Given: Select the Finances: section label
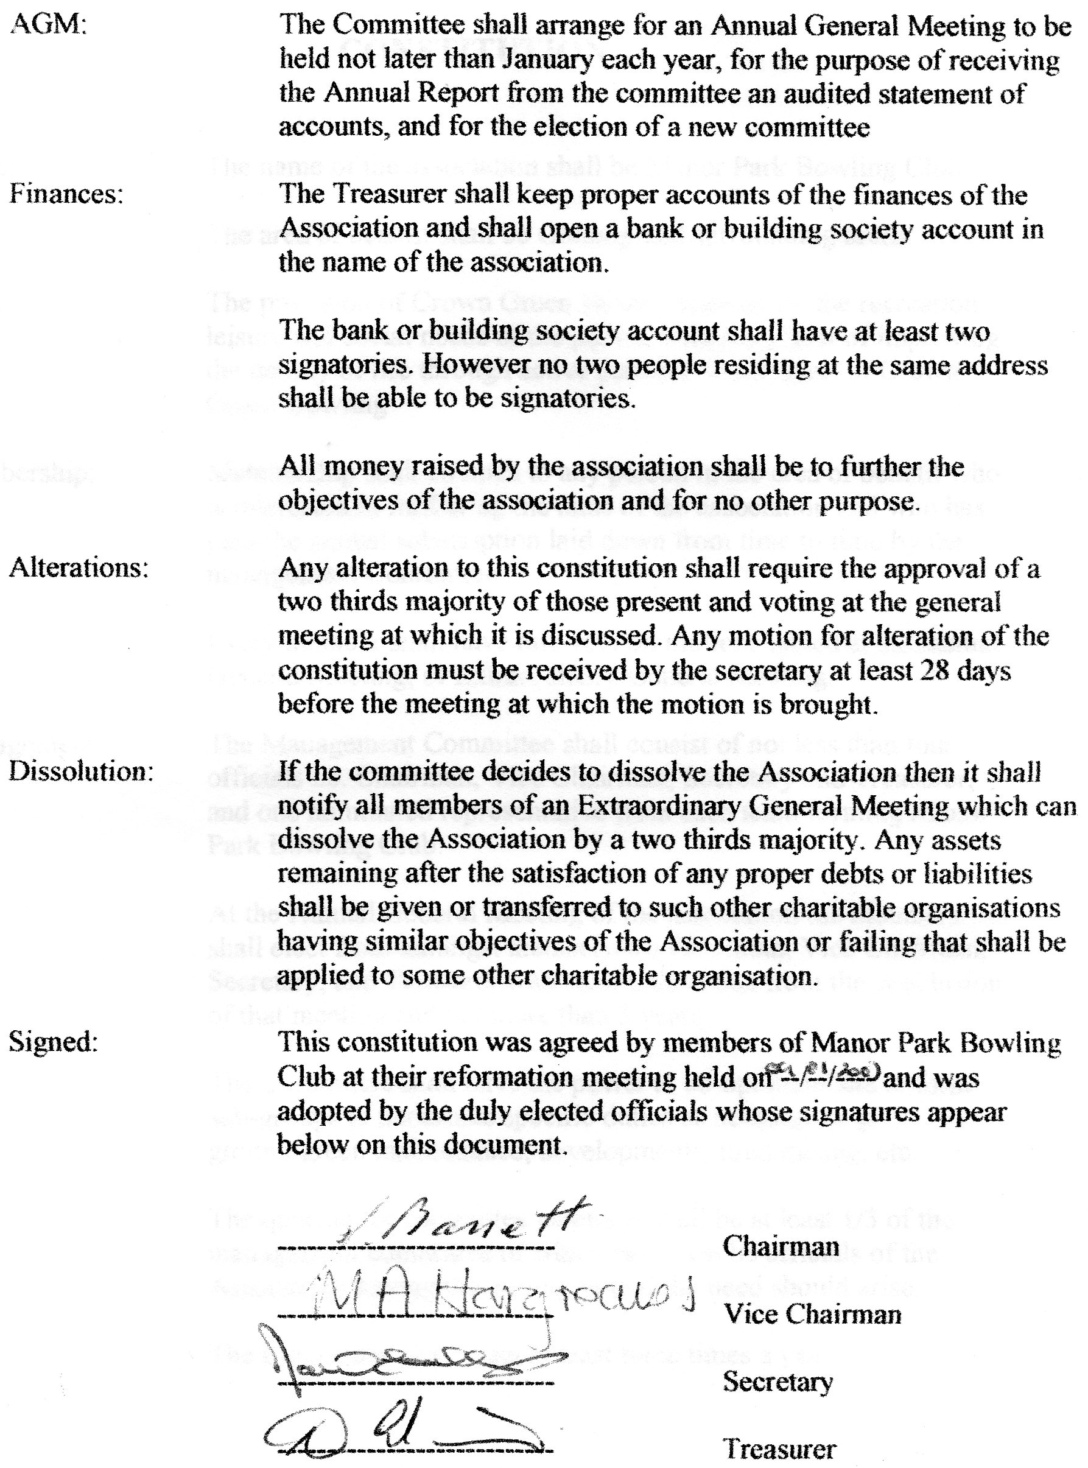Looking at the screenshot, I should coord(66,195).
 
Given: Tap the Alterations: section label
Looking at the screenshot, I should coord(79,568).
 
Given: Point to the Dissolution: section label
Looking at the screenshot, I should coord(80,772).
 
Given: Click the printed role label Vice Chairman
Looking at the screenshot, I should coord(813,1314).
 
